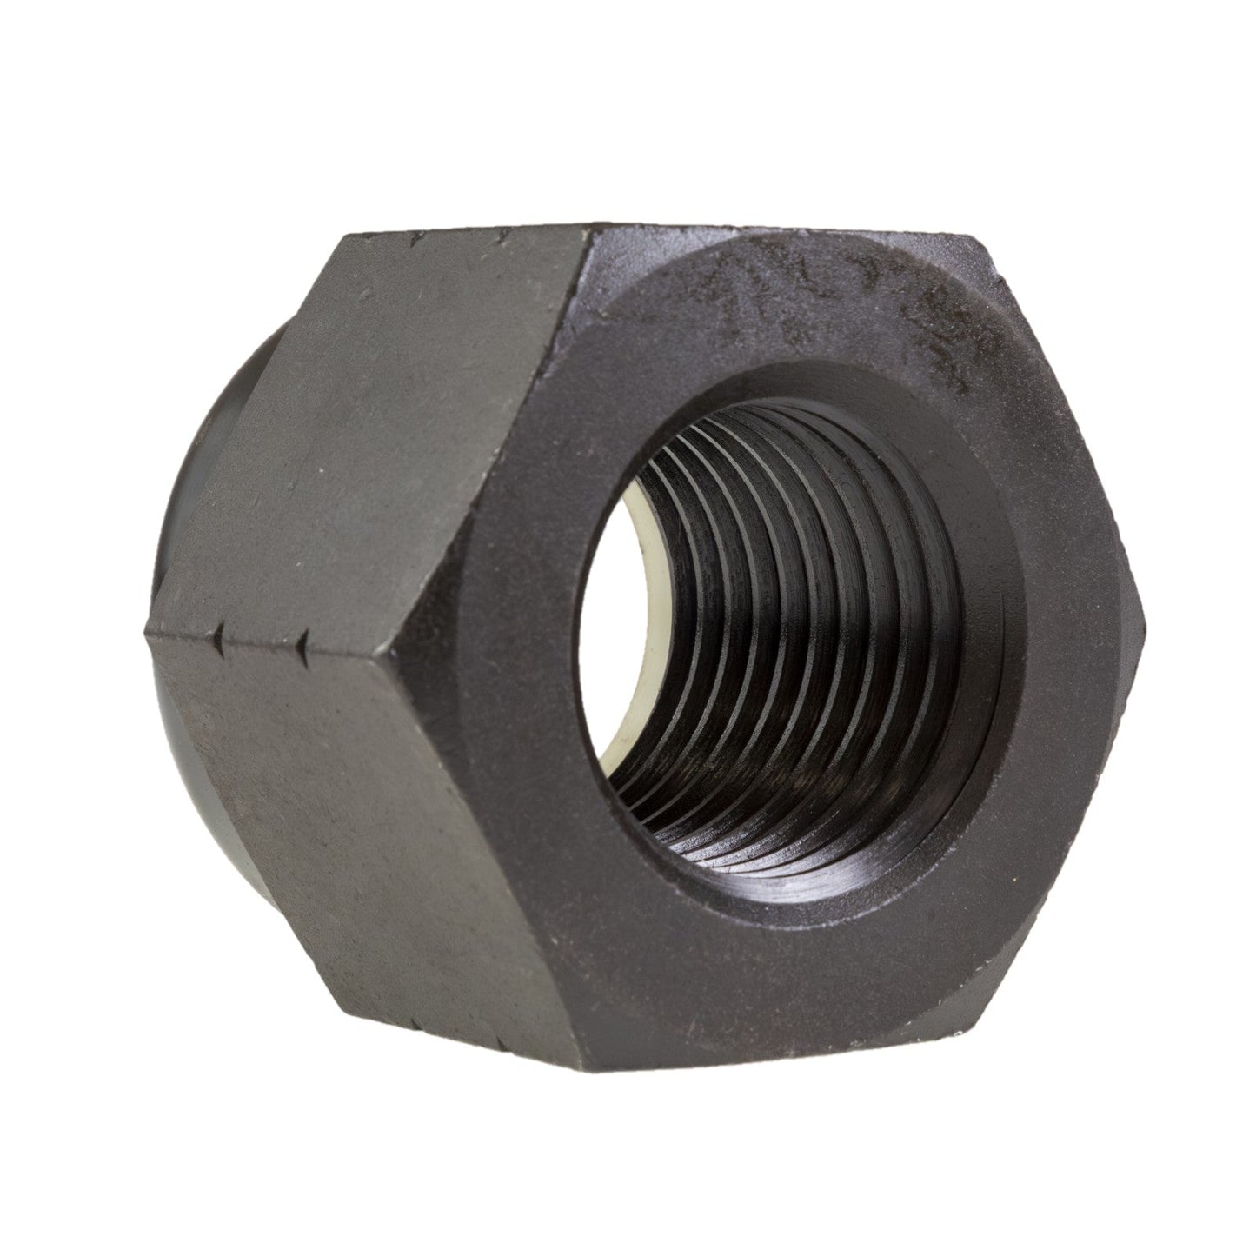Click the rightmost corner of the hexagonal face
(1147, 619)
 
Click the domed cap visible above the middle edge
(230, 426)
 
